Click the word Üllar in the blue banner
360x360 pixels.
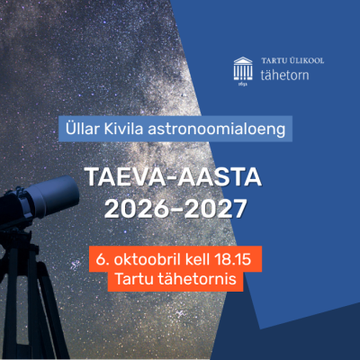coord(83,129)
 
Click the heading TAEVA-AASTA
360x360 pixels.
coord(174,177)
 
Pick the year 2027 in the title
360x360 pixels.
coord(215,208)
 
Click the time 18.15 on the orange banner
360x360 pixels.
coord(233,259)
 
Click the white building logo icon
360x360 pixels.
coord(243,69)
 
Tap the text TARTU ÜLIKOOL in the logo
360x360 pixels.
coord(292,60)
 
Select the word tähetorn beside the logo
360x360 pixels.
coord(284,75)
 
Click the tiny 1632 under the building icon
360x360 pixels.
coord(243,84)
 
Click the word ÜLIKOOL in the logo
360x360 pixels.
coord(307,60)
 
